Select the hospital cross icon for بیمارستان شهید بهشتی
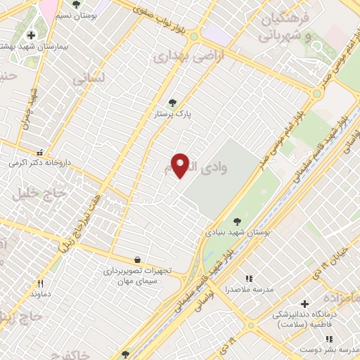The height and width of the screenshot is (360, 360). coord(30,35)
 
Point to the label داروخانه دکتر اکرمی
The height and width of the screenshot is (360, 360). coord(38,162)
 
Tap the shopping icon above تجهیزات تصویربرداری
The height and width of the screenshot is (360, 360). coord(136,259)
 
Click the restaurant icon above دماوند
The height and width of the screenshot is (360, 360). coord(40,283)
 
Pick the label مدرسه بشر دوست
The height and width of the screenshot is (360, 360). coord(330,349)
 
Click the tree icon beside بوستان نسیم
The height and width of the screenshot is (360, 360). coord(76,4)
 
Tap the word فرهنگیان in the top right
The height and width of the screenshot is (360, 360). coord(285,20)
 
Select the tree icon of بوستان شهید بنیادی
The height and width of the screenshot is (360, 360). coord(236,221)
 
